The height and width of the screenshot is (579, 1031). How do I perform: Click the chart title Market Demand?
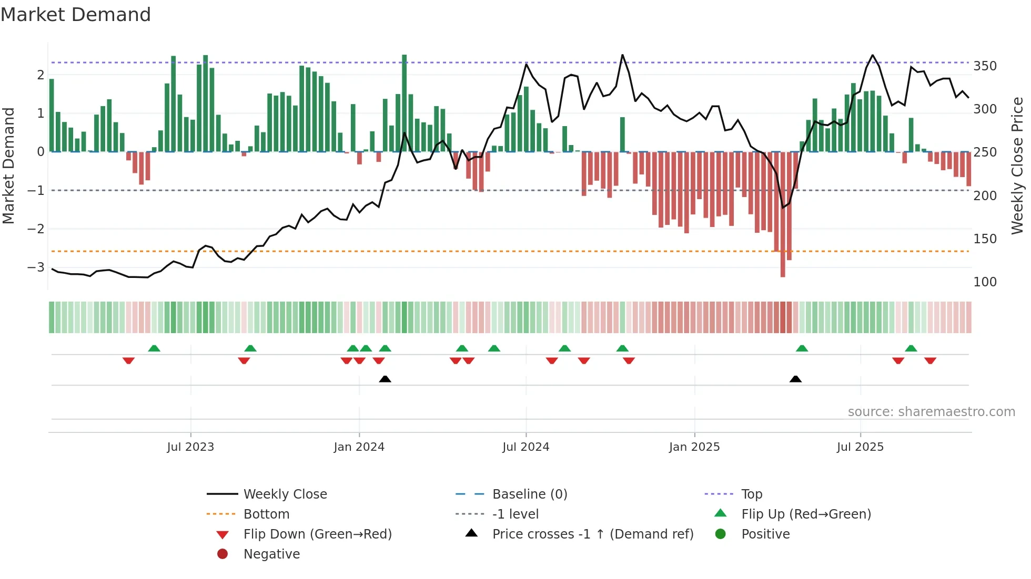click(76, 14)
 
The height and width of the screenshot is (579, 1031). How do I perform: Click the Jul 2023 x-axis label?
click(190, 447)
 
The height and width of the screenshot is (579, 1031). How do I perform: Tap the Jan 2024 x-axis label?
click(359, 447)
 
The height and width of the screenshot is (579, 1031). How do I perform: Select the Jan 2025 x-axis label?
click(694, 447)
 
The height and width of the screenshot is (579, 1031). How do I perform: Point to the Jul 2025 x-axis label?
click(861, 447)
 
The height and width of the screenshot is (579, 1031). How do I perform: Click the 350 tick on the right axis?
click(985, 66)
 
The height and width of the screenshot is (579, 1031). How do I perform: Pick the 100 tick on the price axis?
click(985, 282)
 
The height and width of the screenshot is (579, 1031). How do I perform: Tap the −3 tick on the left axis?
click(36, 267)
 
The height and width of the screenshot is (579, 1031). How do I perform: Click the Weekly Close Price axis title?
click(1017, 166)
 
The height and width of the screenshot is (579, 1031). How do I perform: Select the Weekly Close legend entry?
click(285, 494)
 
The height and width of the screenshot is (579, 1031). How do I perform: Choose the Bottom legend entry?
click(266, 514)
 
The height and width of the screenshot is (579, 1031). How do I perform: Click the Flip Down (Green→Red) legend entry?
click(317, 534)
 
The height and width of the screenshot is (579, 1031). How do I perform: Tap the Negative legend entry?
click(271, 554)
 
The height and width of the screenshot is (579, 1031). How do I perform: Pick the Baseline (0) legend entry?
click(530, 494)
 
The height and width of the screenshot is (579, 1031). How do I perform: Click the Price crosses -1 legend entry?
click(593, 534)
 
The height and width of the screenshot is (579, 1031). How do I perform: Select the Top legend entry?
click(752, 494)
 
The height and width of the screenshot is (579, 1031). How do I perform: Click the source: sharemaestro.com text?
click(931, 412)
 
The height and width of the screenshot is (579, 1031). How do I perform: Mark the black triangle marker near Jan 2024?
click(385, 379)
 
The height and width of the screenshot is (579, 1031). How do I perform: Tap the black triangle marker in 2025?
click(795, 379)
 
